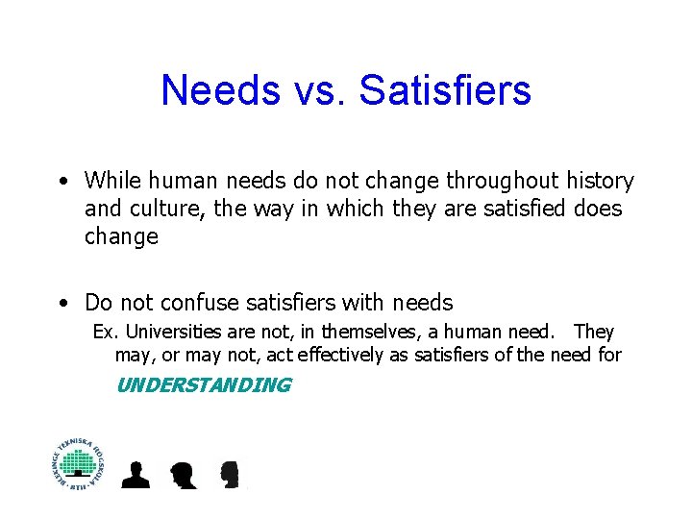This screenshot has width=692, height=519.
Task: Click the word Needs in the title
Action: (220, 90)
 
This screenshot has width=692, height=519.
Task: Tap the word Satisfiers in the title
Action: (445, 90)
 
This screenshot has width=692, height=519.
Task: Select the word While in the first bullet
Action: (111, 181)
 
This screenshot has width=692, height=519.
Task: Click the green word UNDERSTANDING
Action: (203, 385)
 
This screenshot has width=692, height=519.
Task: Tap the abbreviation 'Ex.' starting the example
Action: (103, 332)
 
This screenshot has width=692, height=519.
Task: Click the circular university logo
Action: (80, 463)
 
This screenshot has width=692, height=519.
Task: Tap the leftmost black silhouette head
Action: (137, 474)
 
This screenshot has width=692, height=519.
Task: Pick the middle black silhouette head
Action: (183, 474)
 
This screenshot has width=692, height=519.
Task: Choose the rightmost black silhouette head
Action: (229, 474)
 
